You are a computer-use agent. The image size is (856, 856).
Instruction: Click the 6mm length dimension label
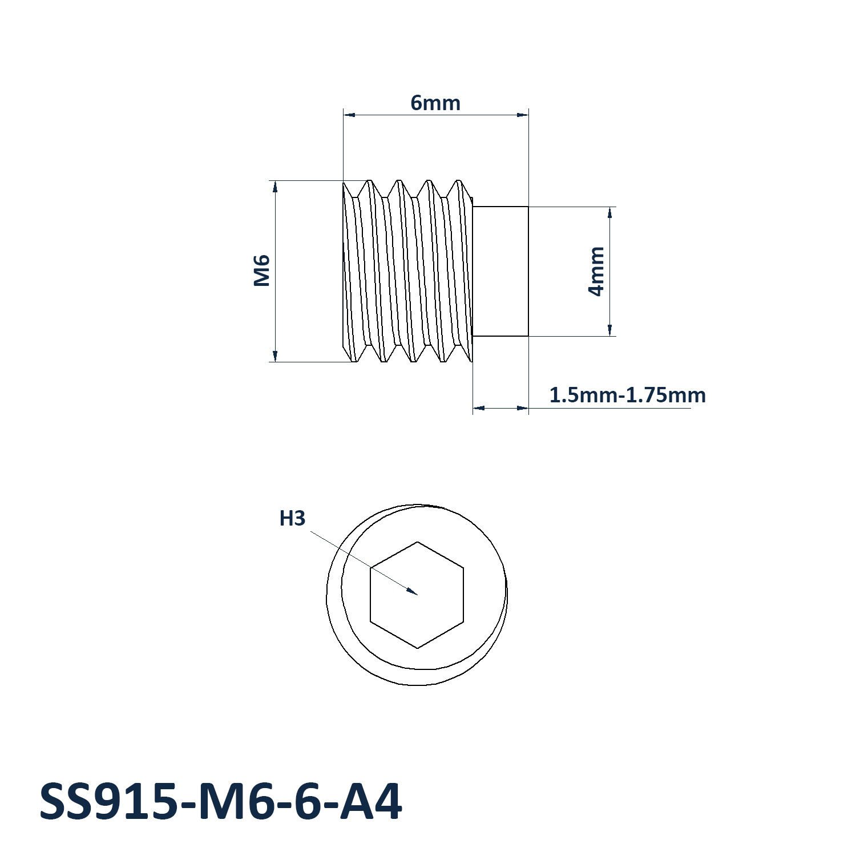[435, 103]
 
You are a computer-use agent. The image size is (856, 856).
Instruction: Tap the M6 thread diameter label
[261, 270]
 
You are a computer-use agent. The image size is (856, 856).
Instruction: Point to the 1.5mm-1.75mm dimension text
[627, 395]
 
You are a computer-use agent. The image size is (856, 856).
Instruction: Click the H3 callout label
[292, 519]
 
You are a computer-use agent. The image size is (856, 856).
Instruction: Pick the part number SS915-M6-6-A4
[221, 802]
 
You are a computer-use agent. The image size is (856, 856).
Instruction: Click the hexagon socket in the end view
[417, 595]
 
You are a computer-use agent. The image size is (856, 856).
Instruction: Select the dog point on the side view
[500, 272]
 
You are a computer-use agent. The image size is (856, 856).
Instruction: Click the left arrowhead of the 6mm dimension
[349, 115]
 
